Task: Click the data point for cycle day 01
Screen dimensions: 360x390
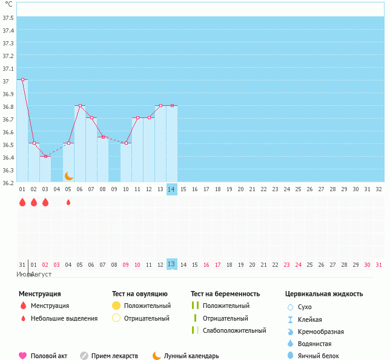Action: coord(22,79)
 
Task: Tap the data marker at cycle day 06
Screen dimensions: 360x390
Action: coord(80,105)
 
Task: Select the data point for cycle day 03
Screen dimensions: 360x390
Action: coord(45,156)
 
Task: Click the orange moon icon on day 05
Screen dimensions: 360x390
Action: coord(69,176)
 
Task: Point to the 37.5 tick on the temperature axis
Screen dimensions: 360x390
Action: coord(8,18)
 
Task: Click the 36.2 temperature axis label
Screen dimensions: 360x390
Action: coord(8,182)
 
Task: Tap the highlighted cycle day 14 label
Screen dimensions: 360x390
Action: coord(172,189)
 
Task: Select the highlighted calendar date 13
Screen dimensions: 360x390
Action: coord(171,264)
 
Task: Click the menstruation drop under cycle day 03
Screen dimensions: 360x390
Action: coord(45,202)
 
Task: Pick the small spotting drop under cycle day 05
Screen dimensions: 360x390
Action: coord(68,202)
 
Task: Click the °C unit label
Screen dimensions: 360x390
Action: coord(7,4)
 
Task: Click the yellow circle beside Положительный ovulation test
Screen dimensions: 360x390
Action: coord(116,306)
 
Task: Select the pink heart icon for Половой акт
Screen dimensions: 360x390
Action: coord(23,356)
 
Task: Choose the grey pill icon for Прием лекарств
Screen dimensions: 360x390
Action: coord(84,356)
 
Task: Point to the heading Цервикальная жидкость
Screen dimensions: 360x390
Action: coord(324,294)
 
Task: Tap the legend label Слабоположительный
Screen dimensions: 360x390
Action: coord(234,330)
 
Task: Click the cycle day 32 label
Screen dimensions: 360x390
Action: coord(378,189)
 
